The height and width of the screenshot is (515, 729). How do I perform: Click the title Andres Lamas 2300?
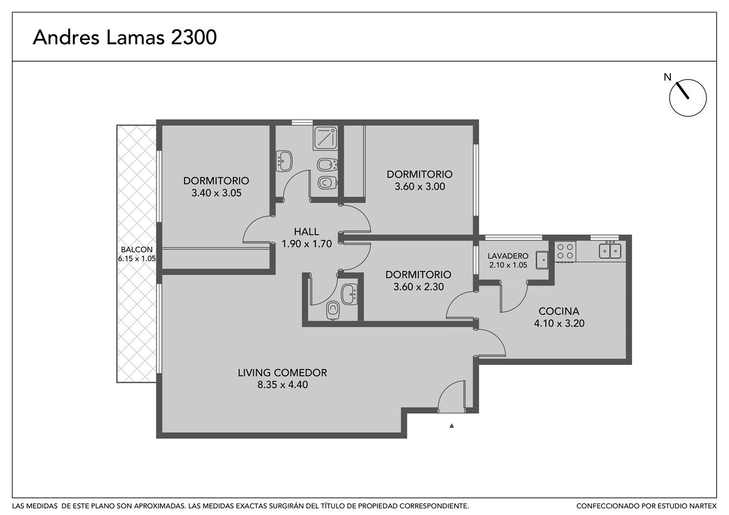coord(125,37)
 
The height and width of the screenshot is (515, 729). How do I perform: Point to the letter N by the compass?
coord(667,77)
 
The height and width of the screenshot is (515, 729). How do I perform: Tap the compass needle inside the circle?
coord(682,90)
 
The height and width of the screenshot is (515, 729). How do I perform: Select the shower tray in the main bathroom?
coord(325,138)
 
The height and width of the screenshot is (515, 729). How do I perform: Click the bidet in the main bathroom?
coord(327,165)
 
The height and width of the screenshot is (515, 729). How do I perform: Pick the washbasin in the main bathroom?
coord(284,161)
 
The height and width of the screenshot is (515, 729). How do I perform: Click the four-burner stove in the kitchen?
coord(565,251)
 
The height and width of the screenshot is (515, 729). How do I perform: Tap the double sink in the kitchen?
coord(610,250)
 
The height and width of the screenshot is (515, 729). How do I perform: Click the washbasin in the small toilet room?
coord(349,294)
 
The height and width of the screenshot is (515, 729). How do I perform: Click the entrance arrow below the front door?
coord(451,425)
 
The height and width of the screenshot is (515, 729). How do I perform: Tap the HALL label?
coord(306,232)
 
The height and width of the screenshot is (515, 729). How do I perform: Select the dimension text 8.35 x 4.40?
coord(282,384)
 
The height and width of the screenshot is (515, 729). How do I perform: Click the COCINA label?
coord(559,311)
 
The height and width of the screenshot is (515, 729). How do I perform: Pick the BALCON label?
coord(136,249)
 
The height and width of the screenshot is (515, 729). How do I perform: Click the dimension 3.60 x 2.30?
coord(418,287)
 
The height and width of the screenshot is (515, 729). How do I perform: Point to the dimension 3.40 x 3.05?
coord(217,193)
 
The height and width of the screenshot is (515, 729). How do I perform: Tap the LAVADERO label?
coord(508,256)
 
